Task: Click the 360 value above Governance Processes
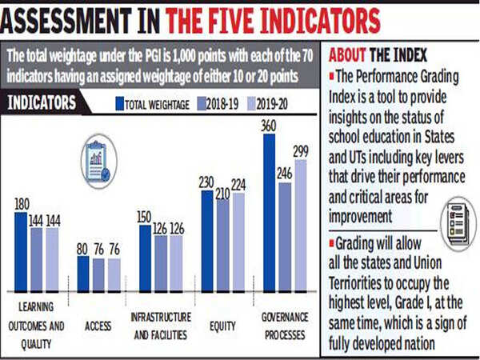pyautogui.click(x=268, y=126)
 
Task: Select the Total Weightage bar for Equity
pyautogui.click(x=207, y=241)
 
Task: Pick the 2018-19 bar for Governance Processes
pyautogui.click(x=284, y=237)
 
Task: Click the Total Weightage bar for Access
pyautogui.click(x=83, y=274)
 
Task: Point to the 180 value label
pyautogui.click(x=22, y=206)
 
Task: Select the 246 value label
pyautogui.click(x=284, y=175)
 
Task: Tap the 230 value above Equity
pyautogui.click(x=207, y=183)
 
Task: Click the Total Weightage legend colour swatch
pyautogui.click(x=119, y=102)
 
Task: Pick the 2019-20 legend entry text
pyautogui.click(x=274, y=102)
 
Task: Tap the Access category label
pyautogui.click(x=98, y=326)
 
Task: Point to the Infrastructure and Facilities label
pyautogui.click(x=161, y=326)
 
